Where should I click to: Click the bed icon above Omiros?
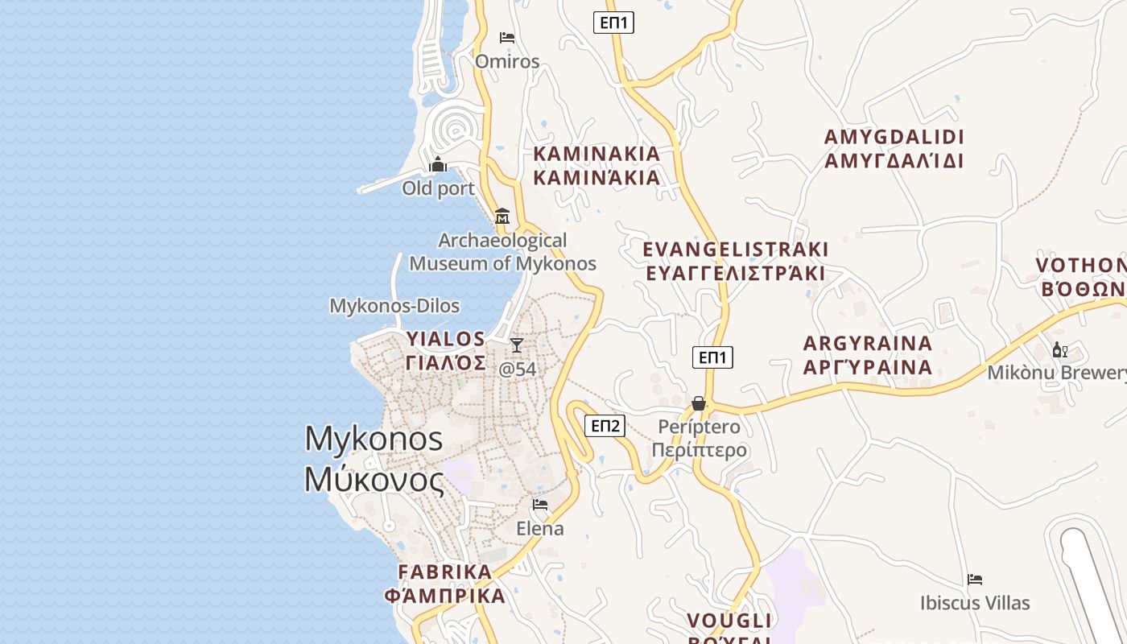pos(507,38)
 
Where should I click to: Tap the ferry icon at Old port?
pos(438,165)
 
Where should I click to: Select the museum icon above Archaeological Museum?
pos(502,216)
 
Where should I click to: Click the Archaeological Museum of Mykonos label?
pos(503,252)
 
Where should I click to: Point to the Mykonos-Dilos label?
pos(394,306)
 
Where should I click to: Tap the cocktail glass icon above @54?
pos(517,345)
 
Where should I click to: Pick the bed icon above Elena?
pos(540,505)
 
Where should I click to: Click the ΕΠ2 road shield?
pos(605,426)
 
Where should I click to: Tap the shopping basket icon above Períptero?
pos(699,402)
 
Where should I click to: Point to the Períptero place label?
pos(700,438)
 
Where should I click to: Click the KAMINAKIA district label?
pos(597,165)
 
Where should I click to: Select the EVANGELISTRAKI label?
pos(736,261)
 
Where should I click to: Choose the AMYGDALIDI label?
pos(894,148)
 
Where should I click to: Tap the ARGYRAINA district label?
pos(868,355)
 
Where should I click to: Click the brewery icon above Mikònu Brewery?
pos(1059,349)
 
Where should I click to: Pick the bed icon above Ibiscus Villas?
pos(975,580)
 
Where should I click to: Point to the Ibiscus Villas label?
pos(975,603)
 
